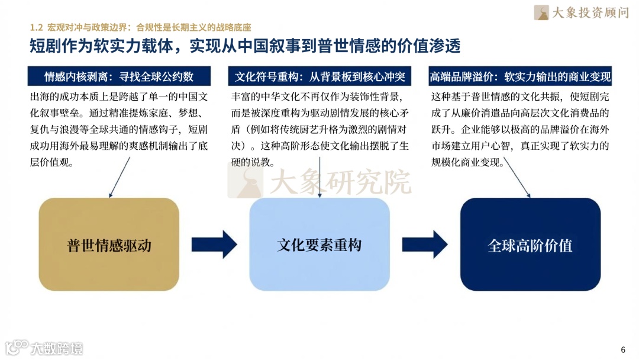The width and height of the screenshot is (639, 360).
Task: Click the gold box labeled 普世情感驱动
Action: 109,244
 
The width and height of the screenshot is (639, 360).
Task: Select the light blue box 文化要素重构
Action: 319,244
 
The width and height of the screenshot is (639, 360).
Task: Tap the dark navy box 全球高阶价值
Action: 530,244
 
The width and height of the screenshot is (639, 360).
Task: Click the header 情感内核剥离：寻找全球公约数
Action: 119,76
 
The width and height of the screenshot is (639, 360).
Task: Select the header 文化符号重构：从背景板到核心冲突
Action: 320,76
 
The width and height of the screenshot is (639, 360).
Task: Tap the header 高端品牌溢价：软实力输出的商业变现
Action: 521,76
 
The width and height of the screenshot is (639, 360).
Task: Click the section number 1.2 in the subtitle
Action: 37,27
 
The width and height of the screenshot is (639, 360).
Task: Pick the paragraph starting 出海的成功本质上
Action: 119,128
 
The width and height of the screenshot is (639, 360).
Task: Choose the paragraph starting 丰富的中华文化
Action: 320,128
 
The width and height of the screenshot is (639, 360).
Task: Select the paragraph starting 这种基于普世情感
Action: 521,128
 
